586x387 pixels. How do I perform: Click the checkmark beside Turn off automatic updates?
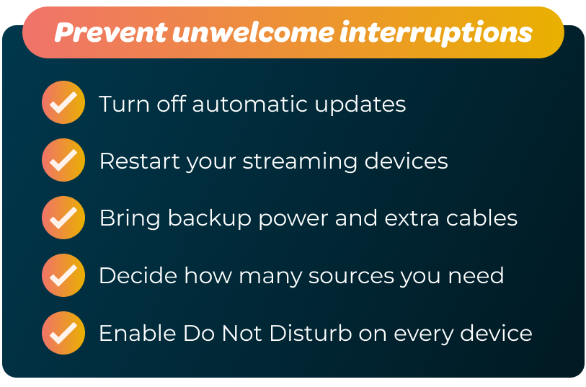click(63, 103)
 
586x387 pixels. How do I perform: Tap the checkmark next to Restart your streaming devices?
click(63, 160)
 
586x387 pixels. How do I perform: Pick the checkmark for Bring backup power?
click(63, 217)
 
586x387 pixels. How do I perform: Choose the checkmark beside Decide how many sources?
click(63, 275)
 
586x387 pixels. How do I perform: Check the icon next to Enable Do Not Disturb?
click(63, 332)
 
